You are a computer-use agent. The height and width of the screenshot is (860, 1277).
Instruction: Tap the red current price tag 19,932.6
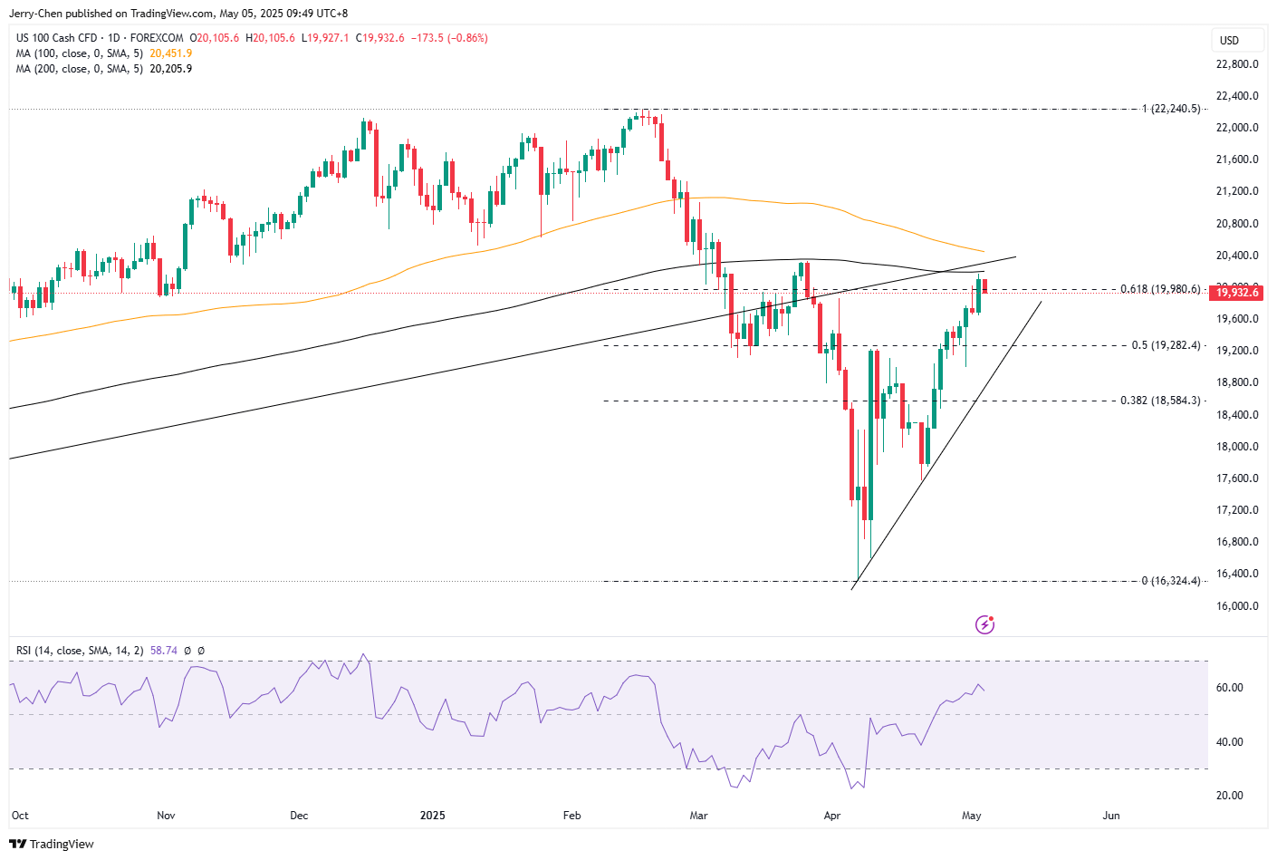click(1236, 293)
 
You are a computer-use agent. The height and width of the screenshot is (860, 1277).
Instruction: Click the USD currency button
click(1229, 40)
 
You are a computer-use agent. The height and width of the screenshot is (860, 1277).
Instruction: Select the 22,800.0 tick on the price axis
click(1237, 64)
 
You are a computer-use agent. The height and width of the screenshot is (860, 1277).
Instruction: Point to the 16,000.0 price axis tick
click(1237, 606)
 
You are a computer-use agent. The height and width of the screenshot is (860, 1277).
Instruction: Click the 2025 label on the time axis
click(433, 816)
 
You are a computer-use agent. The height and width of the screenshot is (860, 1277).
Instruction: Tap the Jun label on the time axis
click(1111, 816)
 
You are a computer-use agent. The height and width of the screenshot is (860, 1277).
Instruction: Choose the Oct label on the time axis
click(20, 816)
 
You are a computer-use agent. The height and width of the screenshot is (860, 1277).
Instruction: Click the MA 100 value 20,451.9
click(171, 53)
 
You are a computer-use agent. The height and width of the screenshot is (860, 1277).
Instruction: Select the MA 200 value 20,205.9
click(171, 69)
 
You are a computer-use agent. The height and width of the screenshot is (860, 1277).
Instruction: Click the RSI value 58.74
click(164, 651)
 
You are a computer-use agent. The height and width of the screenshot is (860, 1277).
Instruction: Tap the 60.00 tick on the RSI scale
click(1229, 688)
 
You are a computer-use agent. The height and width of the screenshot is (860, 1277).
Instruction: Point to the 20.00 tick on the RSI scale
click(1229, 796)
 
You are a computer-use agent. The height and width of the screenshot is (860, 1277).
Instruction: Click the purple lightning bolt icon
click(984, 624)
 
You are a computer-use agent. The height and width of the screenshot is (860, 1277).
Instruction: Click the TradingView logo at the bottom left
click(52, 844)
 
